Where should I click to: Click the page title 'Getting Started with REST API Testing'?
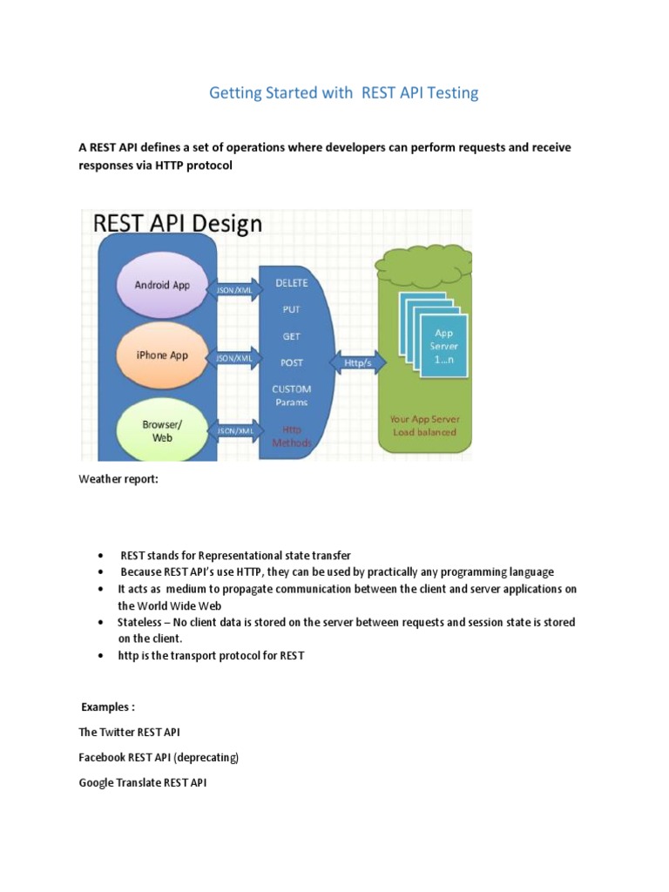click(343, 92)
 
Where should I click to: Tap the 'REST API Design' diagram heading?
click(177, 223)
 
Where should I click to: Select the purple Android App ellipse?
click(162, 285)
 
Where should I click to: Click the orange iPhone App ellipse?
click(162, 355)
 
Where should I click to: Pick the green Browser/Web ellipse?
click(162, 429)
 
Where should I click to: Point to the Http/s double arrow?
click(355, 362)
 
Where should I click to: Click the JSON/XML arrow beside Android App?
click(233, 288)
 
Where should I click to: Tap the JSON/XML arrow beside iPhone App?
click(233, 357)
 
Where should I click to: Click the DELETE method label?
click(291, 283)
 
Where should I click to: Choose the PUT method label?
click(291, 309)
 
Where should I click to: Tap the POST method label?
click(291, 362)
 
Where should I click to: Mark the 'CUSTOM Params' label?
click(291, 395)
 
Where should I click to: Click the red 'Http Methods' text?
click(291, 436)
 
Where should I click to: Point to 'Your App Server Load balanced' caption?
click(424, 425)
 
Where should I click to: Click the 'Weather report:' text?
click(118, 478)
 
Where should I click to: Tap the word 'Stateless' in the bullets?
click(139, 623)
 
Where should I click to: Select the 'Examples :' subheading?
click(108, 706)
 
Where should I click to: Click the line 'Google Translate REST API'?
click(143, 782)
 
